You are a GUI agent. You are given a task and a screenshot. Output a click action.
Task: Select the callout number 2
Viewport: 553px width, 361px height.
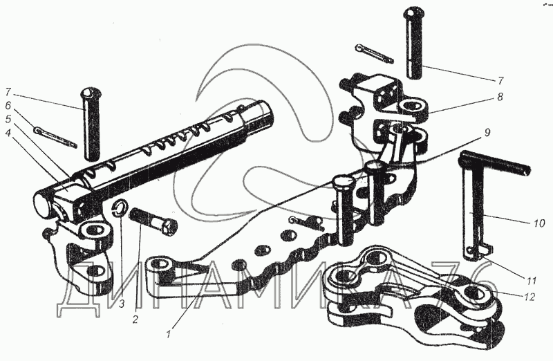pyautogui.click(x=135, y=319)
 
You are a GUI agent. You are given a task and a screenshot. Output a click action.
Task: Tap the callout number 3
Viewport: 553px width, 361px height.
pyautogui.click(x=121, y=304)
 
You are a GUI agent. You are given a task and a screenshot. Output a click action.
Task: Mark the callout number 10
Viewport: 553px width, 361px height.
pyautogui.click(x=539, y=223)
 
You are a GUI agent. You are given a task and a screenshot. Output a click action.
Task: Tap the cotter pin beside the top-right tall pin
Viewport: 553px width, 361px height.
pyautogui.click(x=374, y=53)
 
